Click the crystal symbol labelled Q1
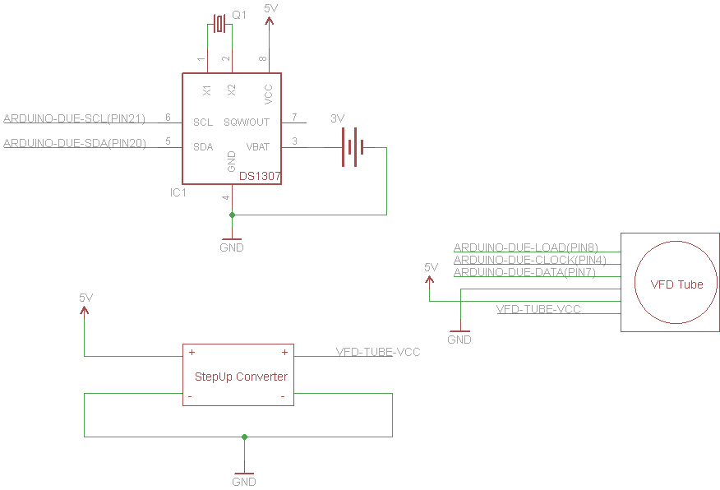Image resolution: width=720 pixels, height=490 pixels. click(x=219, y=23)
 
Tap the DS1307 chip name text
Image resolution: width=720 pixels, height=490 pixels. click(x=260, y=176)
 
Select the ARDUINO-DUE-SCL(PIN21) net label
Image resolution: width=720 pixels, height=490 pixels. click(x=75, y=118)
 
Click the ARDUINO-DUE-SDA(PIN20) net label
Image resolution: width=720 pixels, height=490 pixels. click(x=75, y=143)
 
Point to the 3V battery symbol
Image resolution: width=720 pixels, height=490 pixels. click(x=353, y=147)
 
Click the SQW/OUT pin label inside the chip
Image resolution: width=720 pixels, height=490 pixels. click(x=247, y=122)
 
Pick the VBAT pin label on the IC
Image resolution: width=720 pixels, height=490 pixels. click(x=258, y=147)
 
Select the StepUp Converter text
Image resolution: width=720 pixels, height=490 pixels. click(x=241, y=377)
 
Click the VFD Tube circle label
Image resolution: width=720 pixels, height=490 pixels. click(x=676, y=284)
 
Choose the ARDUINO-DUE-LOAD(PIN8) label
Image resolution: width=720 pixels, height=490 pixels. click(x=526, y=247)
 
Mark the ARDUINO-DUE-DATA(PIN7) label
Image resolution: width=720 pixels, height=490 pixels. click(x=524, y=272)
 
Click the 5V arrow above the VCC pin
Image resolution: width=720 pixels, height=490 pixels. click(x=270, y=14)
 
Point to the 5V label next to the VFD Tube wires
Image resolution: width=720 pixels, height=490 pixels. click(x=430, y=268)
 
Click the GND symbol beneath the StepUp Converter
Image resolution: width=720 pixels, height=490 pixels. click(x=244, y=478)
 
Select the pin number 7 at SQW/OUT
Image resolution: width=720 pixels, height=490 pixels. click(x=293, y=118)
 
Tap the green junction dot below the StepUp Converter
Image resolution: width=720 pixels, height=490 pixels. click(x=244, y=437)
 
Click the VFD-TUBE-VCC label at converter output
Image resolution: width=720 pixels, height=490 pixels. click(x=378, y=352)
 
